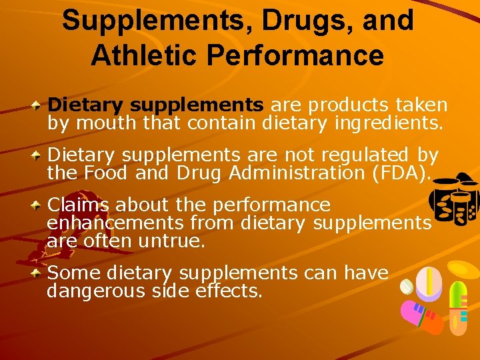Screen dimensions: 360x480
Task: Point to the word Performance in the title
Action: tap(307, 55)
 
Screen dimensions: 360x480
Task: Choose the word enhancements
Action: tap(115, 223)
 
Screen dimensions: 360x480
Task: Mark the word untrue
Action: tap(171, 240)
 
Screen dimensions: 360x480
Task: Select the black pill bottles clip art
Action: tap(453, 200)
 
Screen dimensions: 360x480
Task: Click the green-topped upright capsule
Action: tap(457, 307)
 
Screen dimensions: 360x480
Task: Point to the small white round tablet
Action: tap(407, 286)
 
